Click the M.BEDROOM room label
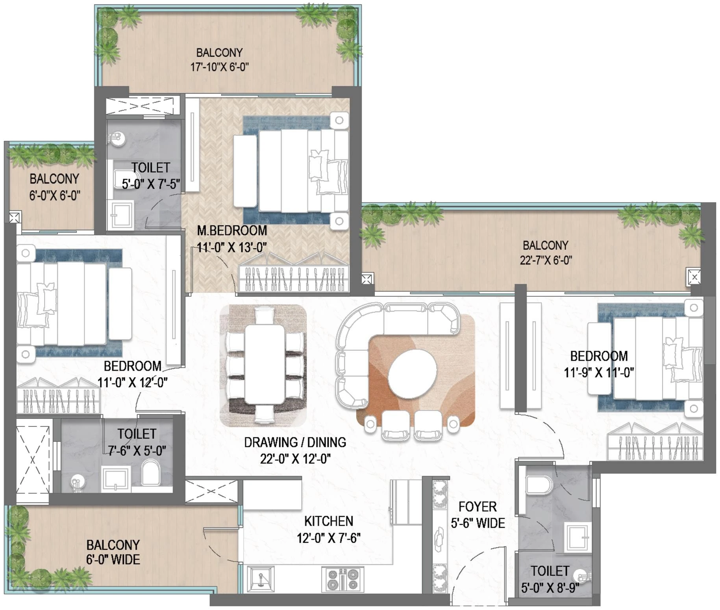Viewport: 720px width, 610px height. point(232,231)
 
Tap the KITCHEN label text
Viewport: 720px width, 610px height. point(328,521)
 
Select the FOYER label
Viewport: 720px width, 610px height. point(478,507)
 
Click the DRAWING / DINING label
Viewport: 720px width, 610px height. point(295,443)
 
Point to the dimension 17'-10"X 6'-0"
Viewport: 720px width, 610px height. point(219,67)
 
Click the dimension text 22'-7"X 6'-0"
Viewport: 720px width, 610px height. point(546,260)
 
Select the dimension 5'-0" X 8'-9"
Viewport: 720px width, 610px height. point(550,588)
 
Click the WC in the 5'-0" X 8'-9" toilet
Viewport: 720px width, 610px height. point(539,485)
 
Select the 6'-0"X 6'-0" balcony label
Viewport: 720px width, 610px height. point(54,187)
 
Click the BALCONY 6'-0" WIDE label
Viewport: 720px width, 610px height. point(113,552)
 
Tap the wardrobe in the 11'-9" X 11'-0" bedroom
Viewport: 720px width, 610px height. point(654,447)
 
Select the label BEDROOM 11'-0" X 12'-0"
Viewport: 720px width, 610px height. point(133,374)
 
